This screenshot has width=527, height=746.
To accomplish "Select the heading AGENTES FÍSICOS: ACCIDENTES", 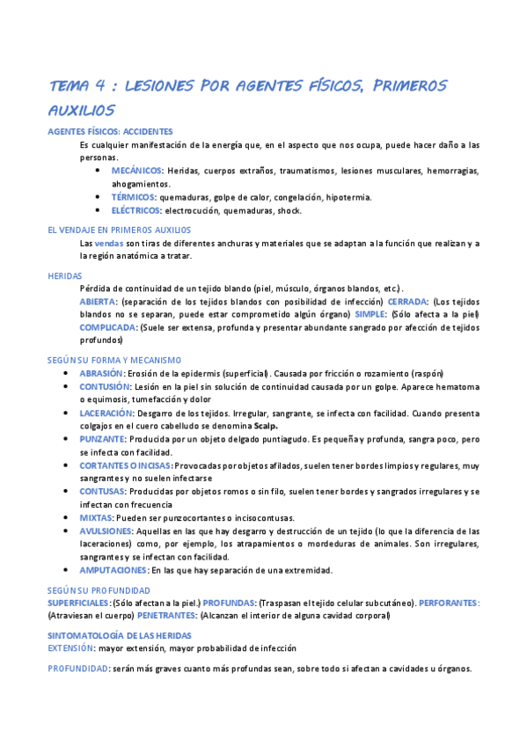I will click(110, 131).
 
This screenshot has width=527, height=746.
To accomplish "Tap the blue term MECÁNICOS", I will click(136, 170).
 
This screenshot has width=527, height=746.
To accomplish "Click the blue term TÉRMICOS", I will click(133, 197).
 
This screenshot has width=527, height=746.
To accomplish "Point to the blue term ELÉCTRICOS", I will click(135, 211).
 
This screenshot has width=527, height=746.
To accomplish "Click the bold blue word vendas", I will click(109, 243).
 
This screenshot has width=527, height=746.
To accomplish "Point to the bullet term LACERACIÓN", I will click(106, 413).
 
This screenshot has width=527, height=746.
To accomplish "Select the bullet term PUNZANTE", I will click(101, 438).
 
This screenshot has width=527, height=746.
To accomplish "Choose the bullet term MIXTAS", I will click(96, 517).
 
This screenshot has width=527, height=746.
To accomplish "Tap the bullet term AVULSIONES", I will click(106, 530).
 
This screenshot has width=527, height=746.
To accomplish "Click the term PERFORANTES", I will click(449, 603).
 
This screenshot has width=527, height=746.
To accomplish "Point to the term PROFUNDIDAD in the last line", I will click(77, 669).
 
